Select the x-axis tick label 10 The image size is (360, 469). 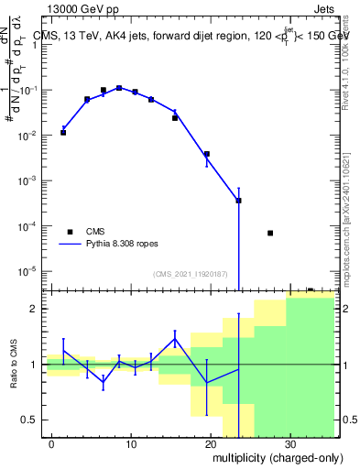coord(132,443)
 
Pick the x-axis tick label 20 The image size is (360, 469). coord(211,443)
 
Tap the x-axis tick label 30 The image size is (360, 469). coord(289,443)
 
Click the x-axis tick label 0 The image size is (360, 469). coord(53,443)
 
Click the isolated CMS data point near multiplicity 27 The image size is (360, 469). coord(270,233)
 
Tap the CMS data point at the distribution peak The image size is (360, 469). coord(119,88)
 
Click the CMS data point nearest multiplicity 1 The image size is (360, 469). coord(63,132)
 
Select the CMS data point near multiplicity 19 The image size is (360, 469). coord(207,154)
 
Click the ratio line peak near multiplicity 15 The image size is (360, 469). coord(175,339)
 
